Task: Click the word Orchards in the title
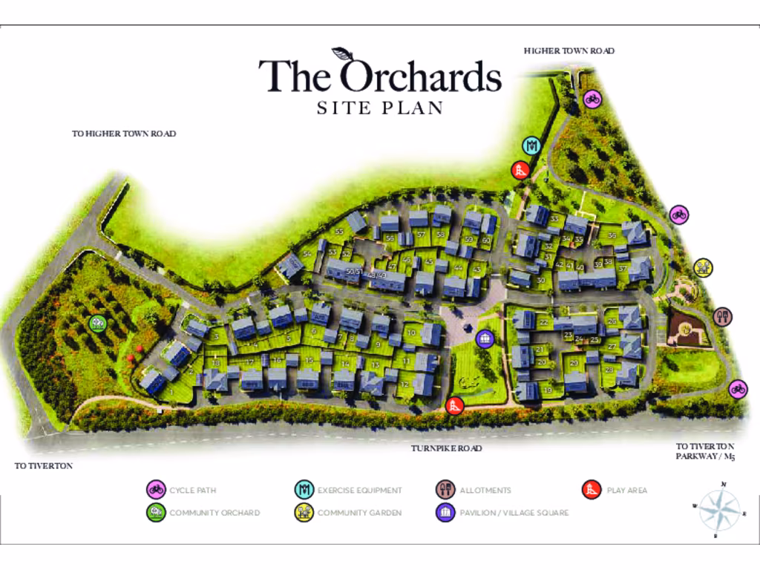click(421, 76)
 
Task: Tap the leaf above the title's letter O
click(342, 54)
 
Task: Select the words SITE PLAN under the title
click(380, 108)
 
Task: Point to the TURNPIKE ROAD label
click(446, 448)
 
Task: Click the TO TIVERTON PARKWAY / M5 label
click(705, 451)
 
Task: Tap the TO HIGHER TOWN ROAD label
click(123, 134)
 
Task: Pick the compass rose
click(719, 510)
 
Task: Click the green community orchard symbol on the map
click(96, 324)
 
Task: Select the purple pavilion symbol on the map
click(485, 339)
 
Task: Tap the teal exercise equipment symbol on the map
click(531, 145)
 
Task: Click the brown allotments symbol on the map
click(724, 317)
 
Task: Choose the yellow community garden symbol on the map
click(703, 267)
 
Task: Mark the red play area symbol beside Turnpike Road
click(455, 405)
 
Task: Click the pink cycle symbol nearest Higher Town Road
click(592, 99)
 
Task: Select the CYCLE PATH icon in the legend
click(156, 490)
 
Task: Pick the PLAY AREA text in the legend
click(626, 490)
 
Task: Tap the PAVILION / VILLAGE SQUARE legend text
click(514, 513)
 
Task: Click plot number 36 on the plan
click(612, 235)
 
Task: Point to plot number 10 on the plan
click(411, 333)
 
